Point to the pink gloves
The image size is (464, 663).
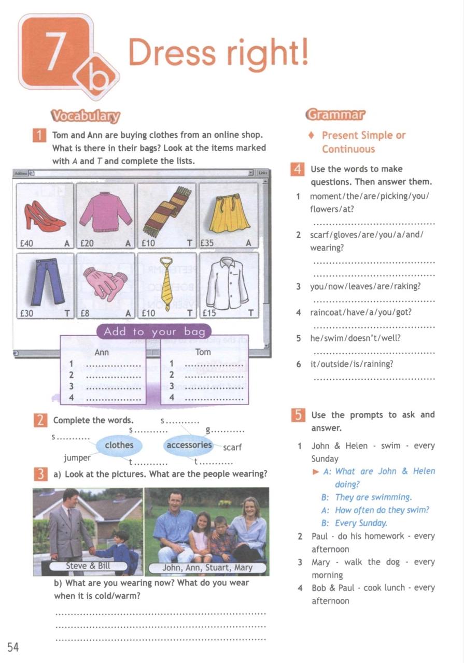[106, 283]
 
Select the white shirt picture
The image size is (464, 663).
[228, 282]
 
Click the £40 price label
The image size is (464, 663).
[26, 242]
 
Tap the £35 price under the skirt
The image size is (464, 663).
[207, 242]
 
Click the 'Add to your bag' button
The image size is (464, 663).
[154, 331]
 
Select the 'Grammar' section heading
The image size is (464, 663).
[335, 114]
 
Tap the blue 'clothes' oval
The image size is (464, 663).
[119, 445]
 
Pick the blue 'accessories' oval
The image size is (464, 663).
[189, 445]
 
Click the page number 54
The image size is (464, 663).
[13, 647]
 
